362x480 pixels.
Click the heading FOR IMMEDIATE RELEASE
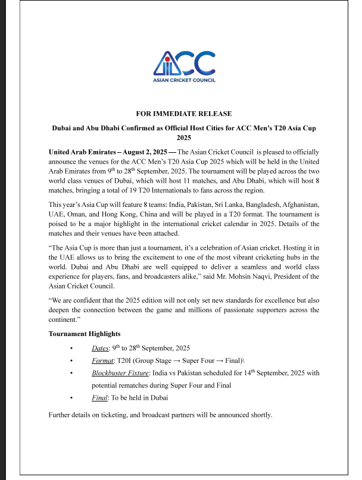click(184, 114)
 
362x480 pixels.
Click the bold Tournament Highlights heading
click(84, 334)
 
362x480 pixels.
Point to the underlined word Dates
click(99, 347)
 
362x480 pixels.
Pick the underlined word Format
click(102, 360)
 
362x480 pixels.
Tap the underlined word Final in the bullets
click(99, 398)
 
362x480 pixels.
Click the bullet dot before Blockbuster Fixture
click(71, 373)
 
